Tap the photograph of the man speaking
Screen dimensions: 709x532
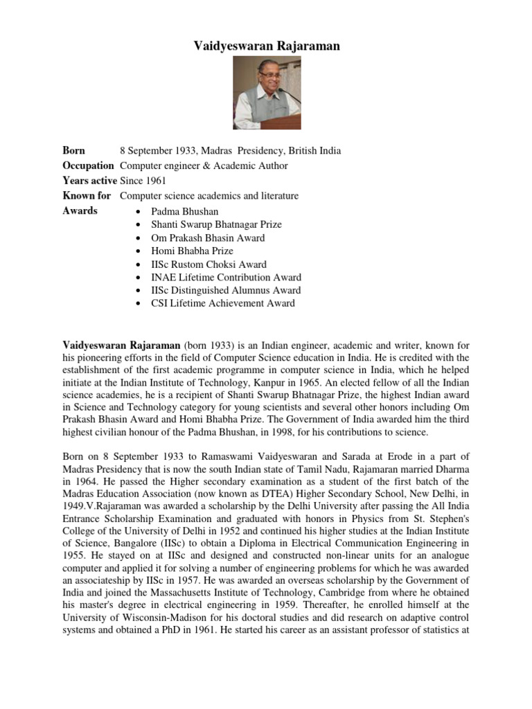(x=267, y=93)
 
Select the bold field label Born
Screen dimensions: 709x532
(x=74, y=151)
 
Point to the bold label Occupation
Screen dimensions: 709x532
(x=89, y=166)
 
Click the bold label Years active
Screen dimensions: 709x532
(x=89, y=181)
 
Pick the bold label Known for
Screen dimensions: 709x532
(x=87, y=196)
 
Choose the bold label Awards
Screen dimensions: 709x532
(x=80, y=211)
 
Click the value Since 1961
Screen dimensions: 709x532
(x=143, y=181)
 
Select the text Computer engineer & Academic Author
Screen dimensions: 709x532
(x=204, y=166)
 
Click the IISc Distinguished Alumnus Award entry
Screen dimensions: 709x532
(x=226, y=290)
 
